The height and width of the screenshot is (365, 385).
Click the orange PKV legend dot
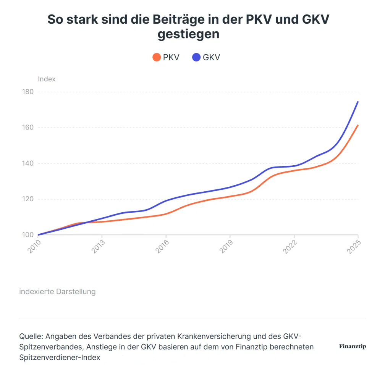(157, 58)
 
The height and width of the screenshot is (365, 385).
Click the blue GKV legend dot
(197, 58)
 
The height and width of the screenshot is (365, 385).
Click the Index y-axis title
(47, 79)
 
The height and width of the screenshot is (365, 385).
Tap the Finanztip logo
(352, 347)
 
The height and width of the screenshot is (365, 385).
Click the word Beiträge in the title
(165, 19)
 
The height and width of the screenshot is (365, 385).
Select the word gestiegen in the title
(189, 34)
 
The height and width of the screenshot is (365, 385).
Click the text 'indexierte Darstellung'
(57, 292)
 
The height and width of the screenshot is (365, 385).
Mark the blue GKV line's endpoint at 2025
(358, 102)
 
